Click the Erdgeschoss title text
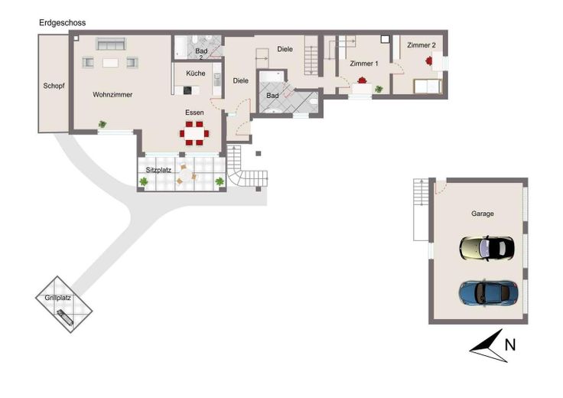(x=63, y=23)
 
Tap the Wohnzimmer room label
(x=112, y=94)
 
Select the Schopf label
(x=54, y=86)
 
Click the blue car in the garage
(x=489, y=293)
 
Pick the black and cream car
(x=487, y=248)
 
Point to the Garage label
(x=482, y=214)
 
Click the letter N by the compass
(x=510, y=345)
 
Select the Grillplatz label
(x=58, y=298)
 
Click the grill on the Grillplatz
(x=65, y=317)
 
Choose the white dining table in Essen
(x=194, y=133)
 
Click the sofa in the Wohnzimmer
(x=111, y=44)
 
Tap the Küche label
(x=196, y=73)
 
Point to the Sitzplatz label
(x=158, y=170)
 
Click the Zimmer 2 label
(x=421, y=45)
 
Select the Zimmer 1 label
(x=363, y=64)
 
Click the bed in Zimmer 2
(x=428, y=86)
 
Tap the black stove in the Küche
(x=187, y=90)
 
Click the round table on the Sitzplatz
(x=187, y=175)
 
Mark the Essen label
(x=194, y=113)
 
